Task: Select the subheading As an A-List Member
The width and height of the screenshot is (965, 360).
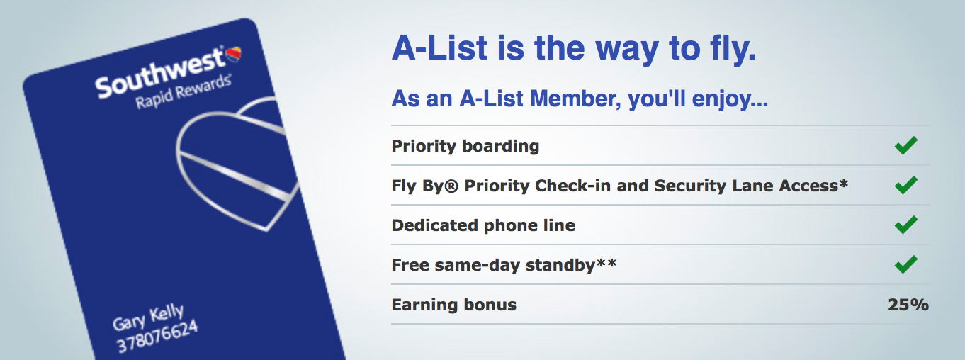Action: click(x=579, y=99)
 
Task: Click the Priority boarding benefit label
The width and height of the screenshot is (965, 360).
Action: click(x=465, y=146)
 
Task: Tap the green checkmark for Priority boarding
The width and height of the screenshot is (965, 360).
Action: click(x=905, y=146)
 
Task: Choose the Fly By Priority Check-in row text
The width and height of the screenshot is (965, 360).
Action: click(x=619, y=186)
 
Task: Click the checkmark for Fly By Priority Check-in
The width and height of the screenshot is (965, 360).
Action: click(x=905, y=186)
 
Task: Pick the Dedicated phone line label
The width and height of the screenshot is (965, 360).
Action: click(x=482, y=225)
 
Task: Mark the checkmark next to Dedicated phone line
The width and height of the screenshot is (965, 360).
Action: click(x=905, y=225)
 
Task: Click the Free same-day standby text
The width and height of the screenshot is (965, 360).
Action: click(x=496, y=265)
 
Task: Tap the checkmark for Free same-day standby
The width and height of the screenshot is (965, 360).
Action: click(x=905, y=265)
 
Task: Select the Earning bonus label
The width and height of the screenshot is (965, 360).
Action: click(x=453, y=305)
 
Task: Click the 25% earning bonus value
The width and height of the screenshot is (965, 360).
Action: click(x=908, y=305)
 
